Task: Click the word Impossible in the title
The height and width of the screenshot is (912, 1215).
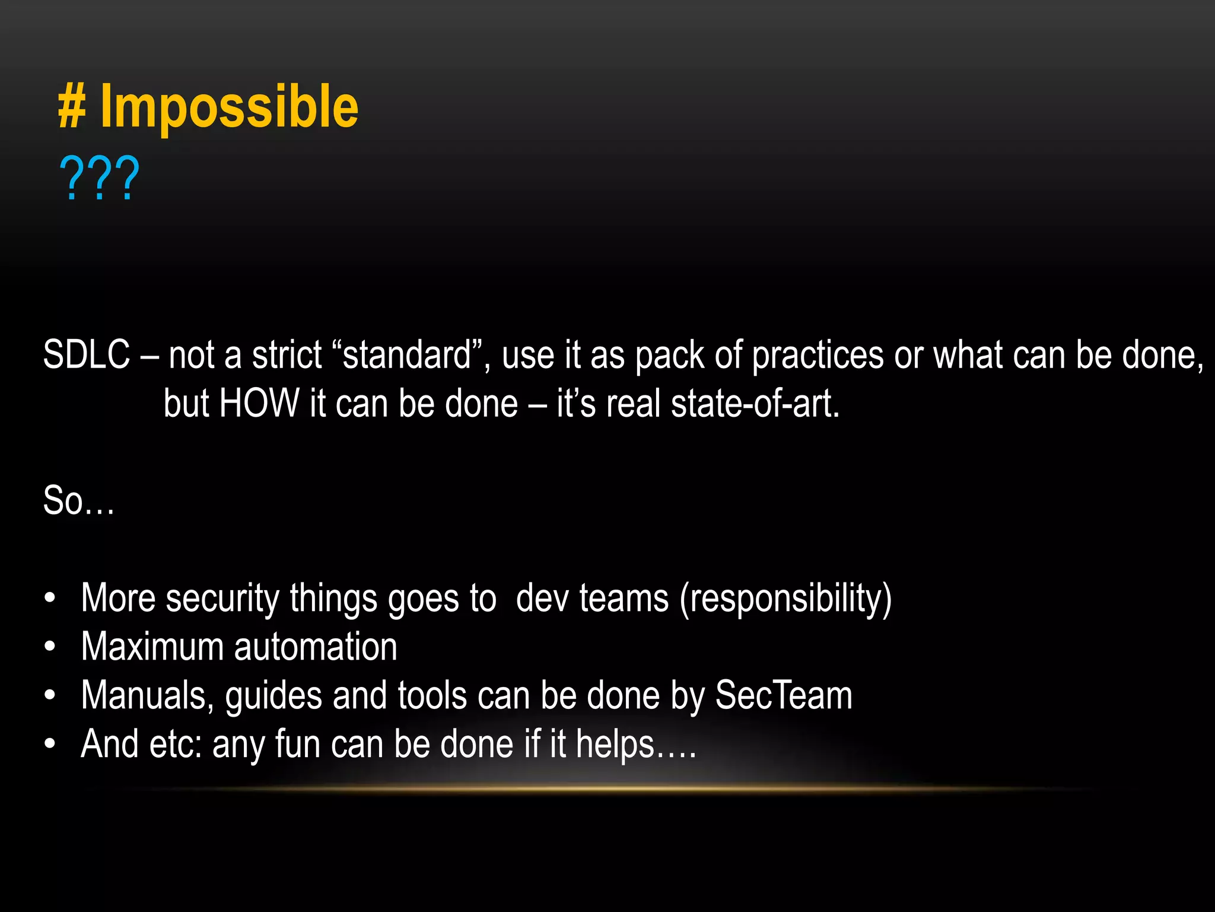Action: point(229,107)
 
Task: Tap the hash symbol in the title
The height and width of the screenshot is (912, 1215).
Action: point(72,107)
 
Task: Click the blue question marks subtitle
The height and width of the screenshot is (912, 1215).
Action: point(99,178)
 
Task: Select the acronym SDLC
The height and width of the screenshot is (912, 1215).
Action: point(87,355)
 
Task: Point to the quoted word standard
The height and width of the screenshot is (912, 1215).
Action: point(407,355)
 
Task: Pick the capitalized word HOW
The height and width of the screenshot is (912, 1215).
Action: point(259,404)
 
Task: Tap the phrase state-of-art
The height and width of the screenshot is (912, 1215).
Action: point(755,404)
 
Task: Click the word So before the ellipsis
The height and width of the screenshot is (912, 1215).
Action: point(63,501)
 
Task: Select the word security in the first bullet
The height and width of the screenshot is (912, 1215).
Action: point(222,598)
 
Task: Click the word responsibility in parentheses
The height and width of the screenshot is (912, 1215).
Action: point(785,598)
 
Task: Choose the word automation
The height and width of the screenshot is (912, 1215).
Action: point(316,647)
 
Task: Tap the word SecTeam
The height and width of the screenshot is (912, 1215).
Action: point(784,695)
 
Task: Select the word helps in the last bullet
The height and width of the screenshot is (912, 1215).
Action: point(615,745)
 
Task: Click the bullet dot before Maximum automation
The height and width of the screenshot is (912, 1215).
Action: point(50,647)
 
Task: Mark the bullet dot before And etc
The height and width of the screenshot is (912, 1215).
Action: point(50,744)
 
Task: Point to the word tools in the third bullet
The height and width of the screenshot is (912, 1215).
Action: point(432,695)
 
